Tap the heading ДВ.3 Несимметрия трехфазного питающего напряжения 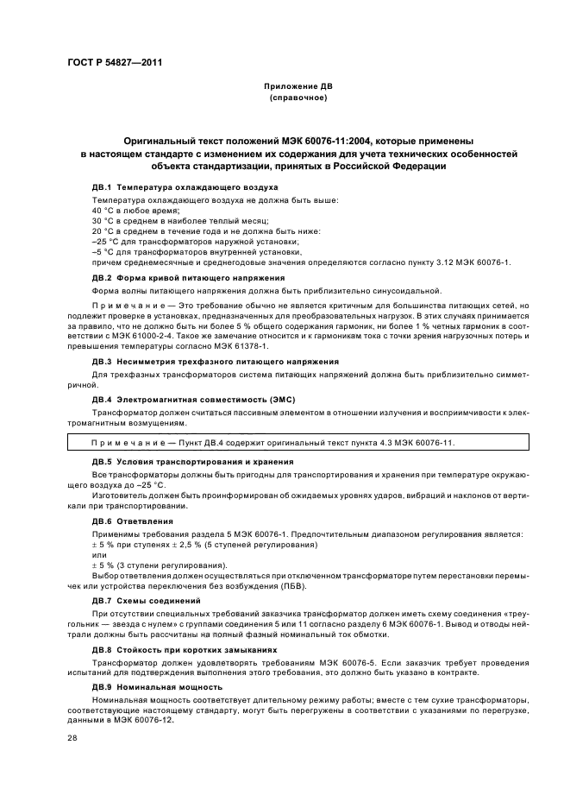(215, 360)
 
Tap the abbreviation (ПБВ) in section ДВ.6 (318, 585)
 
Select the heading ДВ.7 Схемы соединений (146, 600)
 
